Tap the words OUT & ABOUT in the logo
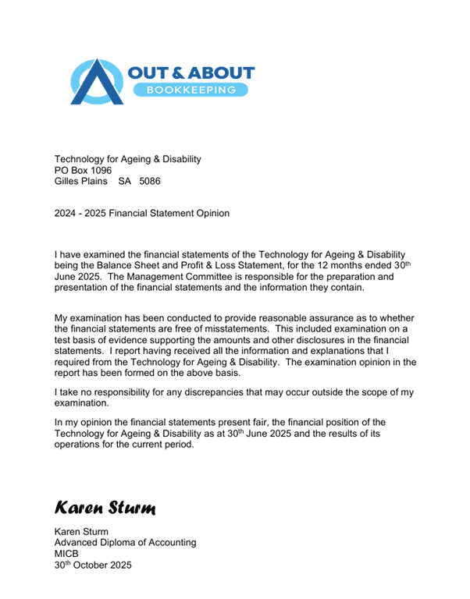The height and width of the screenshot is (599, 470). (190, 73)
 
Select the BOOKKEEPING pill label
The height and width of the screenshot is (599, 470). (190, 90)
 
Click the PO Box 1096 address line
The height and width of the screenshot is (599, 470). (83, 170)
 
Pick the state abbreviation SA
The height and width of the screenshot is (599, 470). (125, 181)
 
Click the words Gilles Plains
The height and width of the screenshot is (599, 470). (80, 181)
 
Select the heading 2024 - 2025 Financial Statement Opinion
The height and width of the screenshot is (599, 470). (141, 213)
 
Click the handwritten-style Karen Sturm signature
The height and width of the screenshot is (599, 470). (105, 508)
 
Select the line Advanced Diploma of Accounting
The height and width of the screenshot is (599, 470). (125, 543)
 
